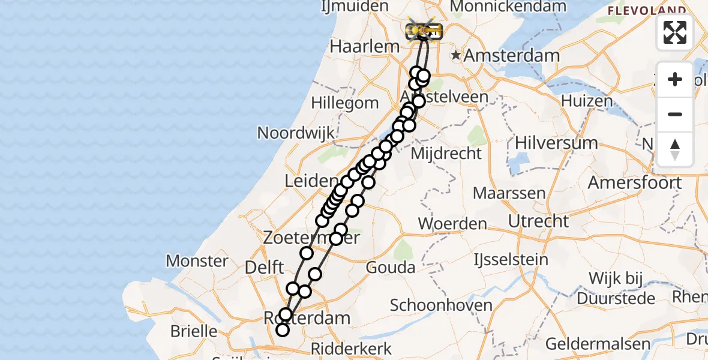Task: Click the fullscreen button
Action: [x=675, y=32]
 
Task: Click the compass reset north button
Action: [x=675, y=149]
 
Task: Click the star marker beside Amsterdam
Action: [x=456, y=55]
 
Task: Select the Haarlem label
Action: [x=365, y=46]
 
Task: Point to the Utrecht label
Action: [x=538, y=221]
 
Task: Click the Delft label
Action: [x=265, y=268]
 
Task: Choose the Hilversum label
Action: [x=556, y=143]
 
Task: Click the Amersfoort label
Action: [x=635, y=182]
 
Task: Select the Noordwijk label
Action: [x=296, y=133]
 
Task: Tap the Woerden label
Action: [x=452, y=224]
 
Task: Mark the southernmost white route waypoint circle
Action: [x=282, y=330]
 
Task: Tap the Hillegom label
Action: [x=345, y=103]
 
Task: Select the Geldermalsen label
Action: [x=598, y=344]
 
